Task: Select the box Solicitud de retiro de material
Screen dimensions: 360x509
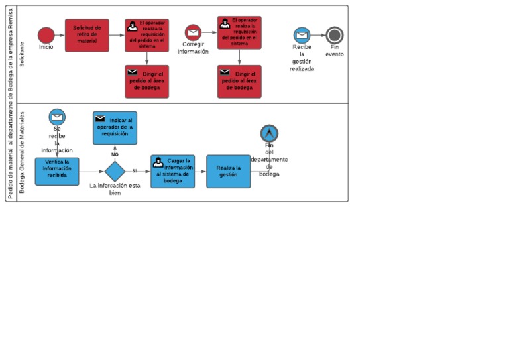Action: click(x=87, y=34)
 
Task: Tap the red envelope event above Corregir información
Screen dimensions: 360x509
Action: click(x=193, y=32)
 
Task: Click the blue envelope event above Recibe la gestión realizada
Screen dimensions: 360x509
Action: click(x=302, y=35)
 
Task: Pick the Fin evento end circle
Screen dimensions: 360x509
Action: click(x=335, y=35)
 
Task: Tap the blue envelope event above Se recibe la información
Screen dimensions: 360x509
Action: click(x=57, y=117)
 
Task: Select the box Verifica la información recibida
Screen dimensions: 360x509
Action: click(x=57, y=171)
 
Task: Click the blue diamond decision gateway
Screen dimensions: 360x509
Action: click(x=115, y=171)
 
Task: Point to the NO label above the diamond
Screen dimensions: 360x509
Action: click(x=115, y=154)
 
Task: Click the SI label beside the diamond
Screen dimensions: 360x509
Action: click(x=135, y=170)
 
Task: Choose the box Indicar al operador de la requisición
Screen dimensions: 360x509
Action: click(x=115, y=128)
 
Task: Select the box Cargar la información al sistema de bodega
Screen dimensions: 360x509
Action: click(x=172, y=171)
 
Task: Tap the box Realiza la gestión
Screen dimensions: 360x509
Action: click(x=228, y=171)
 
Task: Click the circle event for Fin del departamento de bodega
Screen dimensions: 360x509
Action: click(x=269, y=133)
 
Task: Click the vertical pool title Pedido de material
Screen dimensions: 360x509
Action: click(x=11, y=103)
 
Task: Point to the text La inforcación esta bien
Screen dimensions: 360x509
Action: click(x=115, y=189)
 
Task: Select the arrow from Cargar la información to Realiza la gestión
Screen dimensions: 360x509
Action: click(x=200, y=171)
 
